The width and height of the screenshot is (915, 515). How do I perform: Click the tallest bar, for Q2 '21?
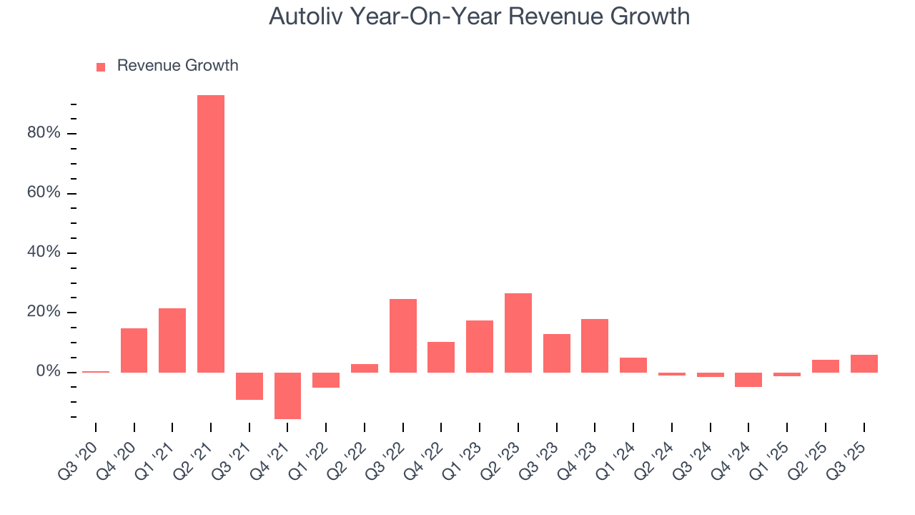(x=211, y=234)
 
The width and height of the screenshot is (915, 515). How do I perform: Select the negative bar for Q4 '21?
(x=287, y=396)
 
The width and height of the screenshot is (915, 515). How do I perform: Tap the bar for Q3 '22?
(x=403, y=335)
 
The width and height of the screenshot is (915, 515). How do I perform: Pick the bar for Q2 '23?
(x=518, y=333)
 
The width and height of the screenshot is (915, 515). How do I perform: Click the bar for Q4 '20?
(x=134, y=350)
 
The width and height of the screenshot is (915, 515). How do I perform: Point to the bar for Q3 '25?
(x=864, y=363)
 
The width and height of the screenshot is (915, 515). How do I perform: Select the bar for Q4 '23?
(x=595, y=345)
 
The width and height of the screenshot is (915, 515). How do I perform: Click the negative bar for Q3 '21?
(x=249, y=386)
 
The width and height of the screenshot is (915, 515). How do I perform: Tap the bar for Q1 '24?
(x=633, y=365)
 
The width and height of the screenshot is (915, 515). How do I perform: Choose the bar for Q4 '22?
(x=441, y=357)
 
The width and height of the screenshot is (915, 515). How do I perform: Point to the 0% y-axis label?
(x=48, y=372)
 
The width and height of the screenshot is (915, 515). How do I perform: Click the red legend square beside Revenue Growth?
(x=101, y=67)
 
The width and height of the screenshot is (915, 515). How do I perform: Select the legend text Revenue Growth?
(x=177, y=66)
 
